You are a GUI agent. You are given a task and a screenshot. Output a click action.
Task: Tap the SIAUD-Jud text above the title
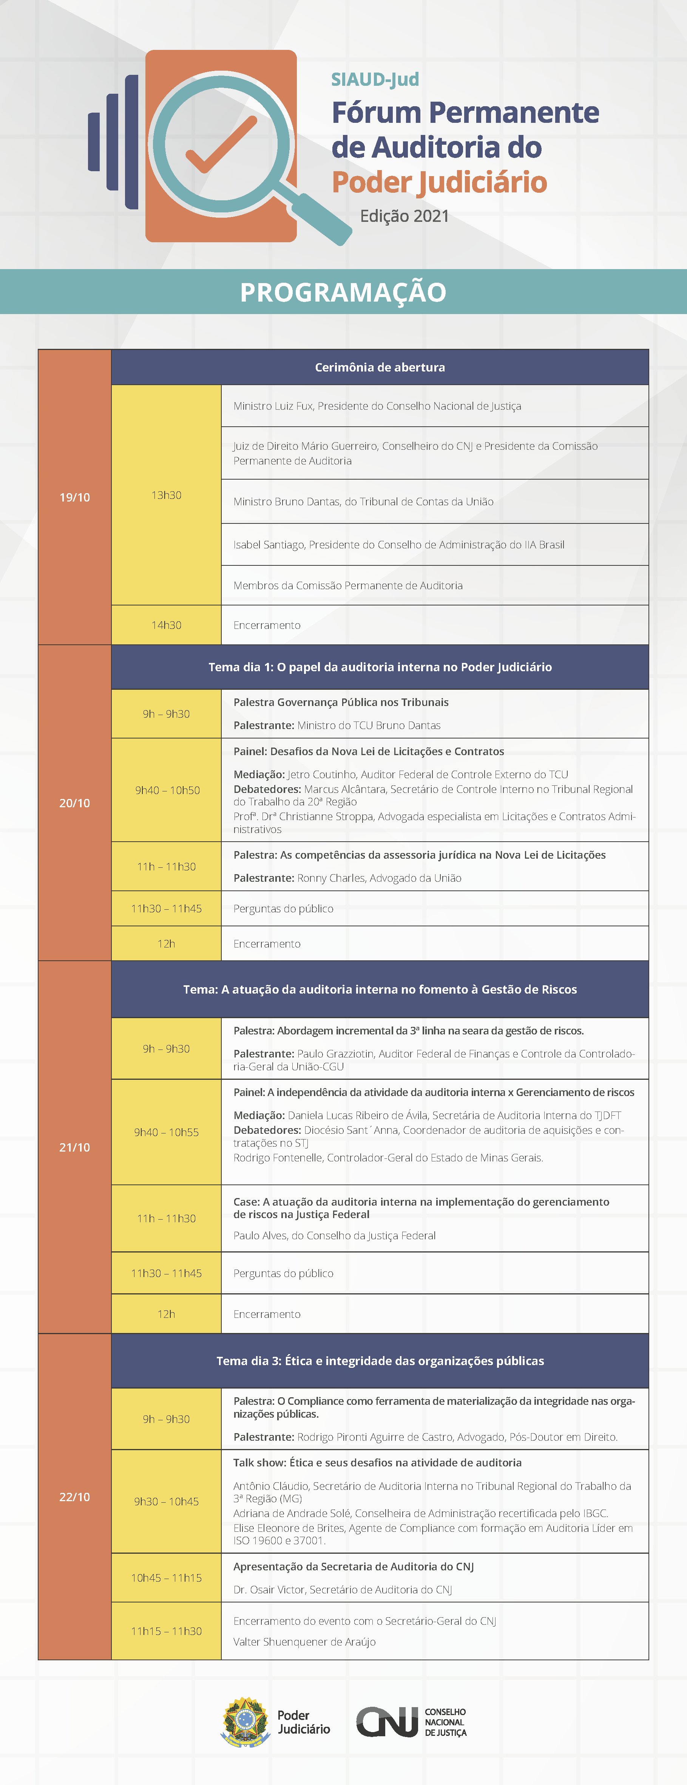click(375, 80)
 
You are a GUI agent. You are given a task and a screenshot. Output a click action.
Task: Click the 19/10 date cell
click(75, 497)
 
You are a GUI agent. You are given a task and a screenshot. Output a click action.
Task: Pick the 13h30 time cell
click(166, 495)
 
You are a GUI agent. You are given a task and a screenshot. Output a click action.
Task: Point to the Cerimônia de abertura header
click(380, 367)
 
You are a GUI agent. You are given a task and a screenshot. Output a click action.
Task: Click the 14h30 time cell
click(166, 625)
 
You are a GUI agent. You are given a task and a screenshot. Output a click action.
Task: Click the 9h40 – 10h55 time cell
click(166, 1132)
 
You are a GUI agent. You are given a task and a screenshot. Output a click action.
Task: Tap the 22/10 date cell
click(75, 1497)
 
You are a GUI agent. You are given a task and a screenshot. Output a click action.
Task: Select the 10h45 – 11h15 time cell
click(166, 1578)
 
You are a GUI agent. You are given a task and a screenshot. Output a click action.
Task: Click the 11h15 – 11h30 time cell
click(166, 1631)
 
